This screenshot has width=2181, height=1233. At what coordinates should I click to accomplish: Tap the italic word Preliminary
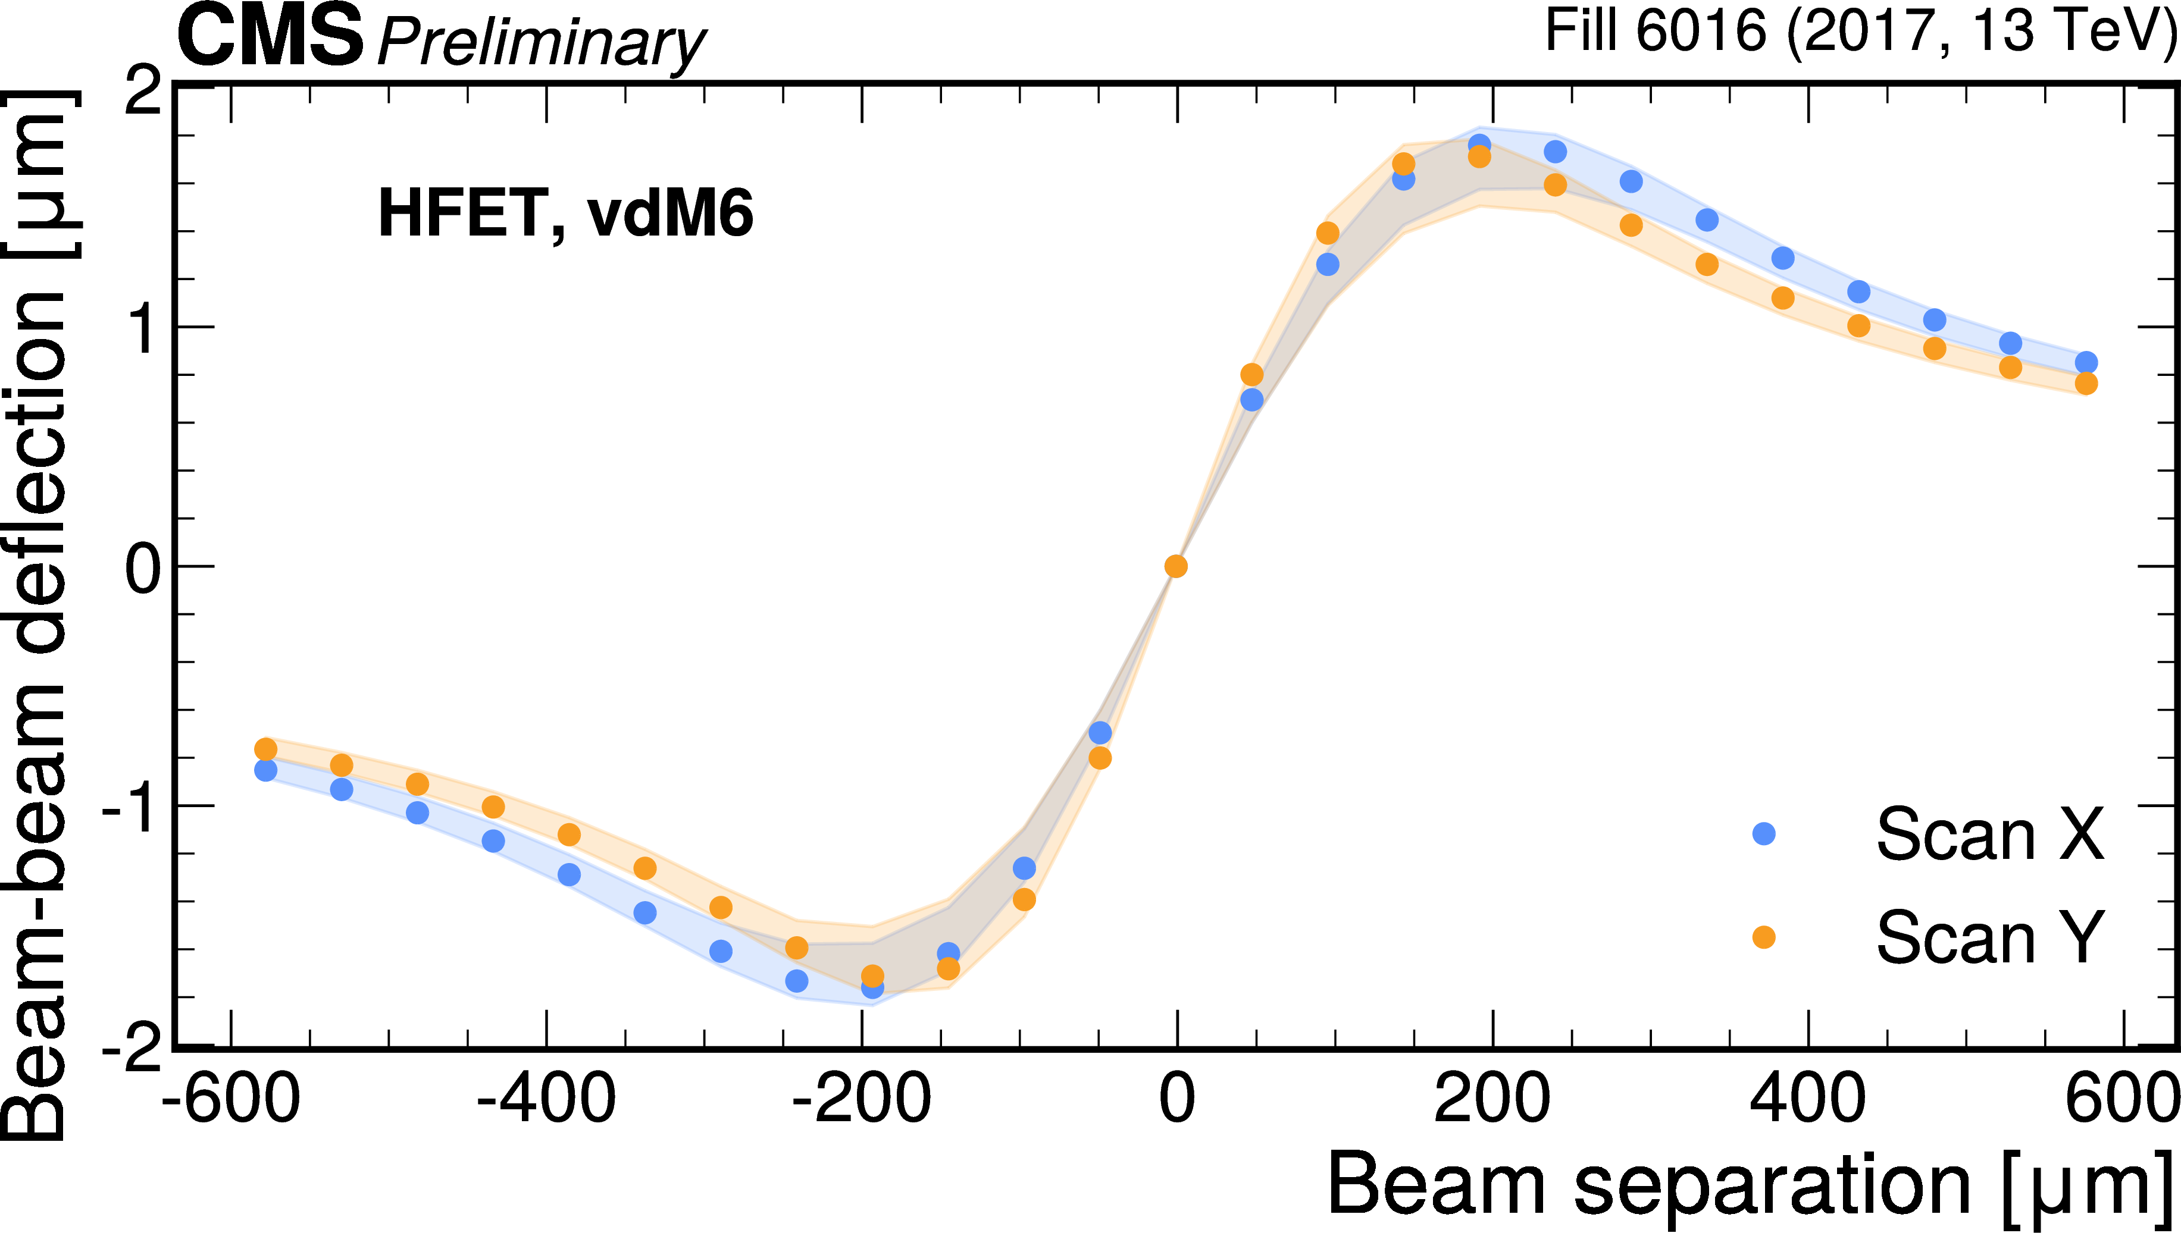pos(540,42)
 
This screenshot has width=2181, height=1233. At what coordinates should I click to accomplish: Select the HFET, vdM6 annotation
pos(565,214)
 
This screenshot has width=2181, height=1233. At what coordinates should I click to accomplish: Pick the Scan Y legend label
pos(1989,937)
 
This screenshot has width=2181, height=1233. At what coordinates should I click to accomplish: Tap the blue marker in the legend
pos(1763,834)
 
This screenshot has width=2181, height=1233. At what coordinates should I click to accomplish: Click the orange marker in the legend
pos(1763,937)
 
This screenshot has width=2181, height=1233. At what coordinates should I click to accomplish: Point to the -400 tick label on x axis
pos(546,1099)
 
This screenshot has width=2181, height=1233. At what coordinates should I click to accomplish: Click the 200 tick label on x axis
pos(1492,1099)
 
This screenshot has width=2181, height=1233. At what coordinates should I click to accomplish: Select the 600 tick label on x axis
pos(2121,1099)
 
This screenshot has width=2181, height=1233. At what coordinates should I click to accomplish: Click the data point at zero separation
pos(1176,566)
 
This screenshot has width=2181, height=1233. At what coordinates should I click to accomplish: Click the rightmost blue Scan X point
pos(2086,362)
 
